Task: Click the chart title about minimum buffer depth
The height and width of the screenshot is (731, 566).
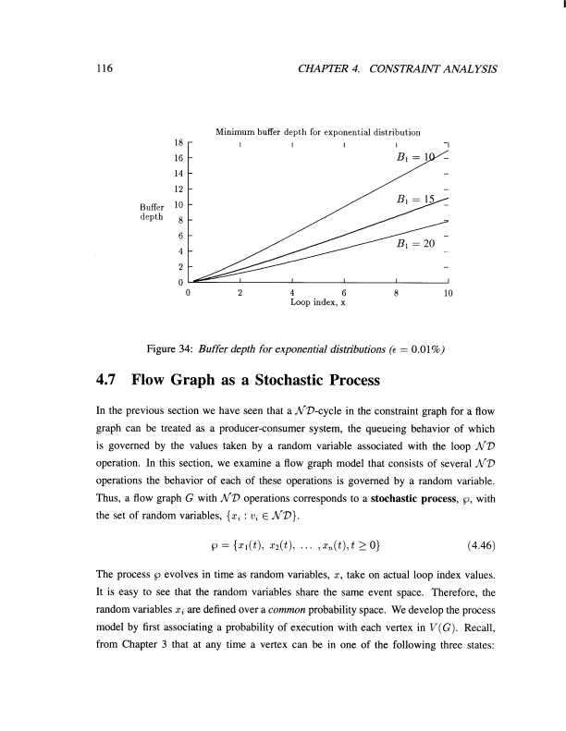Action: pos(318,132)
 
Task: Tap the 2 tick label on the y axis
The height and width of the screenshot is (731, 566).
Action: pos(181,265)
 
